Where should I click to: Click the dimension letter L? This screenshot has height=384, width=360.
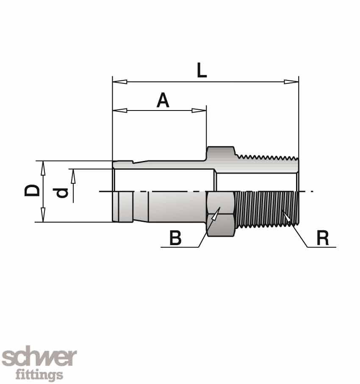(x=202, y=71)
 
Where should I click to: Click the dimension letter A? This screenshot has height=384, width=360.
(x=163, y=101)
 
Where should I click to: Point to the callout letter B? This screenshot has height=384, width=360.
(x=175, y=239)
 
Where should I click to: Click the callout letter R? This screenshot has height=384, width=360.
(x=323, y=239)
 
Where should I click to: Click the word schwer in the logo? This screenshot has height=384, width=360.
(x=39, y=358)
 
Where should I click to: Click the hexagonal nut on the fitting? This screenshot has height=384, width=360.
(x=220, y=214)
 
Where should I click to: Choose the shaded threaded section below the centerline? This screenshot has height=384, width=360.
(x=267, y=207)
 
